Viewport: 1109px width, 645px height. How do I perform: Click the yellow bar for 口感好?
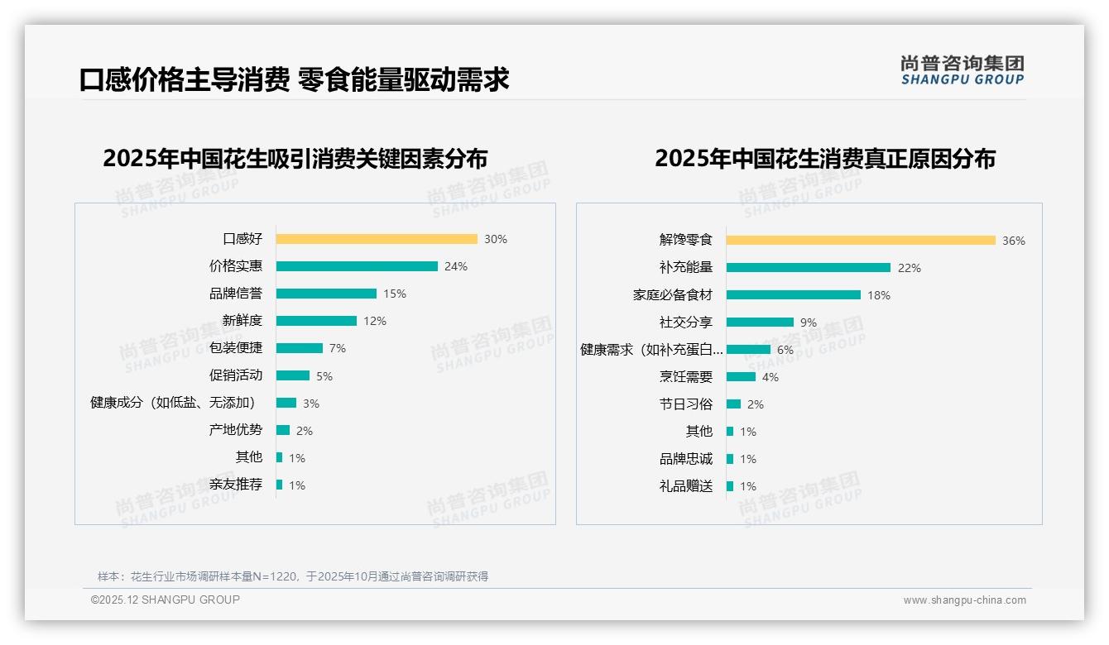377,239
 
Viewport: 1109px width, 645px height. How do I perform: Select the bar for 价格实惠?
357,266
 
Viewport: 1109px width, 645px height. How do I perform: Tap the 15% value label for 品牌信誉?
395,294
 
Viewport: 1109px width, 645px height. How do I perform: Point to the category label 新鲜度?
242,321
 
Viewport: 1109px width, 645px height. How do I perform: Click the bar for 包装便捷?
300,348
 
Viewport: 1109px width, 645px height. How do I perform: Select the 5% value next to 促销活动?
324,376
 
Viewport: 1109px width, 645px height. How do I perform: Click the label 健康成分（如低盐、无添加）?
172,403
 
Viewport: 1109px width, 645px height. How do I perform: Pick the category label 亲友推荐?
236,485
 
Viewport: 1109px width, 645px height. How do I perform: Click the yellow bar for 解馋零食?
861,241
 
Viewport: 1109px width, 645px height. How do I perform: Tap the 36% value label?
1014,241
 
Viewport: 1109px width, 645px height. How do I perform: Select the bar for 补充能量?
809,268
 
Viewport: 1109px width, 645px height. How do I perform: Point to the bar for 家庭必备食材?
794,295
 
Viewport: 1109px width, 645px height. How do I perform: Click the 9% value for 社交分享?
809,322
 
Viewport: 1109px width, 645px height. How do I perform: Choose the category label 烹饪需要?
686,377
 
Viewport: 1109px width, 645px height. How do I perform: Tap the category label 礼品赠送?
686,486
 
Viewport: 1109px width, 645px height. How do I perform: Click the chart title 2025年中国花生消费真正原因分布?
825,159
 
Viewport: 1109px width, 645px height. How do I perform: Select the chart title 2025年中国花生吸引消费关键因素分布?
295,159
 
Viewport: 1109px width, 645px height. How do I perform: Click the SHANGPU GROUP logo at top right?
963,70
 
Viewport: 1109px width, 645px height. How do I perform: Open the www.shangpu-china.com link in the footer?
964,600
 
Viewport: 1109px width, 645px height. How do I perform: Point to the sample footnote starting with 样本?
293,576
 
